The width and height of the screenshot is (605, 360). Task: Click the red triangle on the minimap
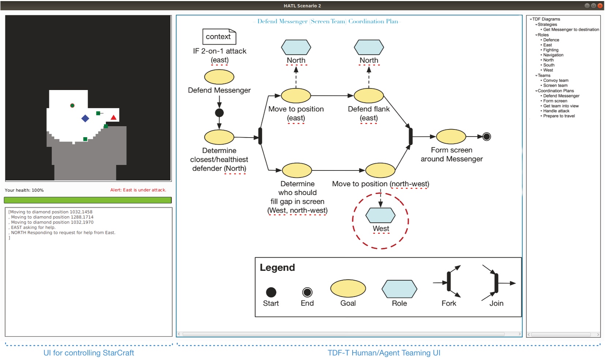point(113,117)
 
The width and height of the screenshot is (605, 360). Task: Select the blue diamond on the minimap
point(85,118)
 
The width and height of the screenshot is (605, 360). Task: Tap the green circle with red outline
point(72,105)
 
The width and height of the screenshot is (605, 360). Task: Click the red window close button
point(600,6)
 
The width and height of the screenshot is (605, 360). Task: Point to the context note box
point(219,37)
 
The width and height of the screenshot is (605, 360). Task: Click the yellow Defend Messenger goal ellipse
point(219,77)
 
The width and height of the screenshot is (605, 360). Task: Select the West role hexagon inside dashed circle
point(380,215)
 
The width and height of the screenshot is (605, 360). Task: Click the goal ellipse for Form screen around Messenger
point(451,137)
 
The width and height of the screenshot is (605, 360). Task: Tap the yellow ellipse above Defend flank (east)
point(369,95)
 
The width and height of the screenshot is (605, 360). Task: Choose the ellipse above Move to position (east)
point(296,95)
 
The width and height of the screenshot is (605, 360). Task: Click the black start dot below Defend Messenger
point(219,113)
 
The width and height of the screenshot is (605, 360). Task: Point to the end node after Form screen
point(487,137)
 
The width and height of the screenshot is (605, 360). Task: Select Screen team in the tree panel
point(555,85)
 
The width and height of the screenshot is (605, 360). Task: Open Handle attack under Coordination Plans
point(556,111)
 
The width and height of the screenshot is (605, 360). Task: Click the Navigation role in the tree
point(553,55)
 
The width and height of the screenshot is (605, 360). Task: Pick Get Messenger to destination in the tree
point(571,29)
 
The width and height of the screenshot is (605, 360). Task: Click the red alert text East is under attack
point(138,190)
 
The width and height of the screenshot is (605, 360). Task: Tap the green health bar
point(88,200)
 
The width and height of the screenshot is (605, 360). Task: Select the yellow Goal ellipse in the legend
point(348,288)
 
